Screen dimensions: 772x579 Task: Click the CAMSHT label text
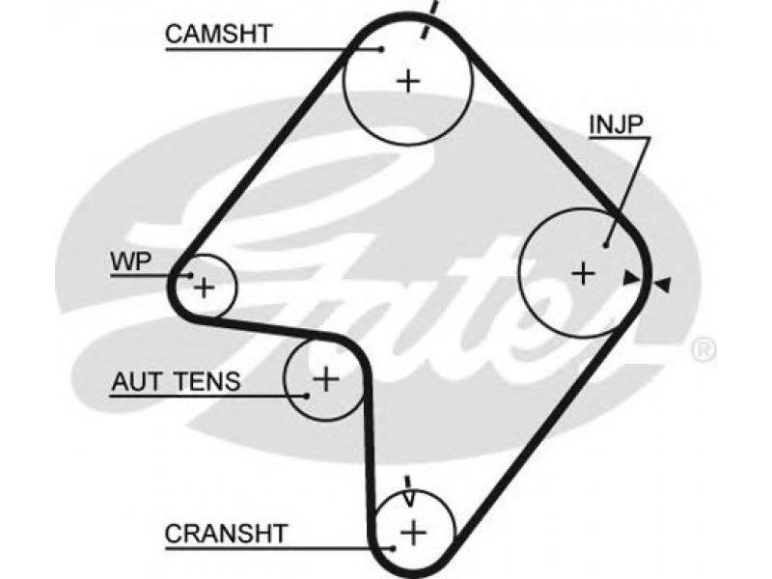click(x=219, y=34)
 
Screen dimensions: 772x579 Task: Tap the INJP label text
click(x=616, y=125)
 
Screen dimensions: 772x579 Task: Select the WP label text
click(x=131, y=262)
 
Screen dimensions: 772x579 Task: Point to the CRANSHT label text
click(x=226, y=534)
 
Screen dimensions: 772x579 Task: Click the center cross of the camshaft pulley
click(x=408, y=81)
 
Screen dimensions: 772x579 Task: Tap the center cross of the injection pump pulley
click(x=584, y=273)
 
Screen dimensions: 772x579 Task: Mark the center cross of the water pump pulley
click(x=204, y=287)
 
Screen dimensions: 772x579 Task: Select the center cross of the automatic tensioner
click(x=326, y=378)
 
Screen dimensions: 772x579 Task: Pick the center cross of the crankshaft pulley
click(x=414, y=533)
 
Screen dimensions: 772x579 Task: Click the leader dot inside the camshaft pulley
click(x=381, y=49)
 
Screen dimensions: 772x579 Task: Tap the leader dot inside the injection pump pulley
click(x=606, y=244)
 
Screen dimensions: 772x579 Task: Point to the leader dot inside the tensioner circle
click(x=306, y=395)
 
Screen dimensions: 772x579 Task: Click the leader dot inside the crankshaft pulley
click(x=393, y=548)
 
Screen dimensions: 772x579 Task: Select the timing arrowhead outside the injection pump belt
click(x=662, y=284)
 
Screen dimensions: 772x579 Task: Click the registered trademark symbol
click(x=703, y=349)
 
